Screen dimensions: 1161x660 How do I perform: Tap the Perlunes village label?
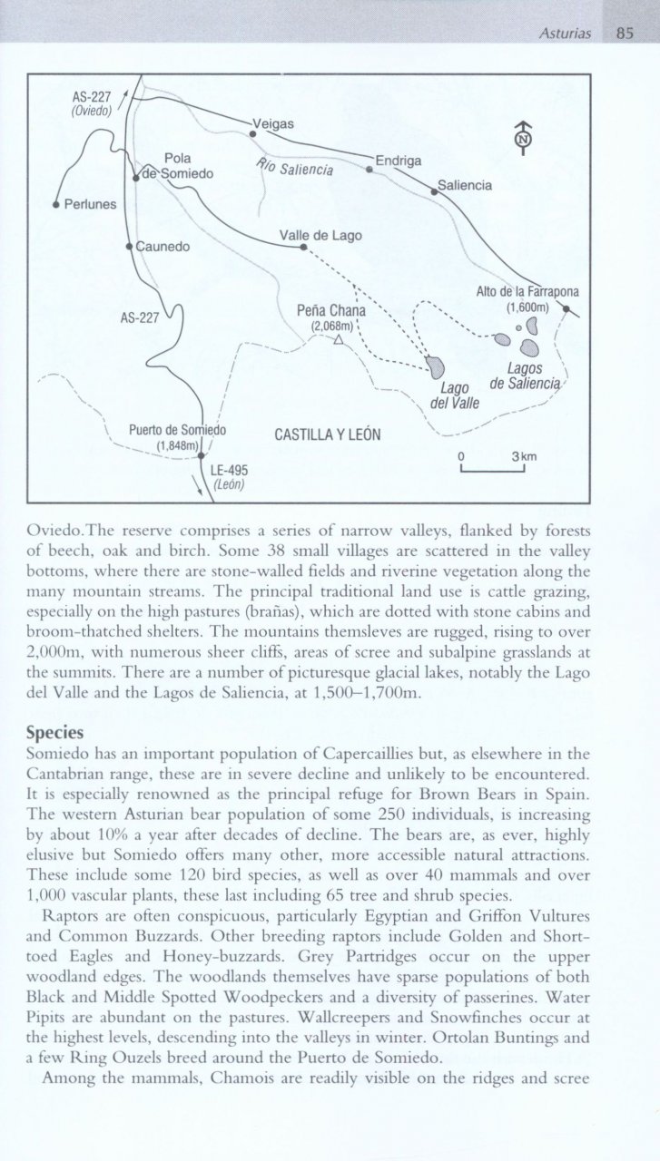(x=91, y=204)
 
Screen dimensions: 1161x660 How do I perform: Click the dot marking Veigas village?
(x=253, y=133)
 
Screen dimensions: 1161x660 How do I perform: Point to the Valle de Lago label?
(x=320, y=236)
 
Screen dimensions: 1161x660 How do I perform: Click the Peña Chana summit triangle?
(x=338, y=341)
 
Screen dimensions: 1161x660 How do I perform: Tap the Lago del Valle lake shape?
(x=436, y=367)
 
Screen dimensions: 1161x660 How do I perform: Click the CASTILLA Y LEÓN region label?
(x=326, y=434)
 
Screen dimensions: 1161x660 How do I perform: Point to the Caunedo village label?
(x=164, y=245)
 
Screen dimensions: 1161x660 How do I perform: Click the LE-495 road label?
(x=229, y=470)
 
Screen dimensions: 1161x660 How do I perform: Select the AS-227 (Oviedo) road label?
(x=91, y=104)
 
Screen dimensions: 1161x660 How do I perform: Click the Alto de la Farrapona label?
(x=527, y=292)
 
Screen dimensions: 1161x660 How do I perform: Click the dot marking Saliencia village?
(x=433, y=190)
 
